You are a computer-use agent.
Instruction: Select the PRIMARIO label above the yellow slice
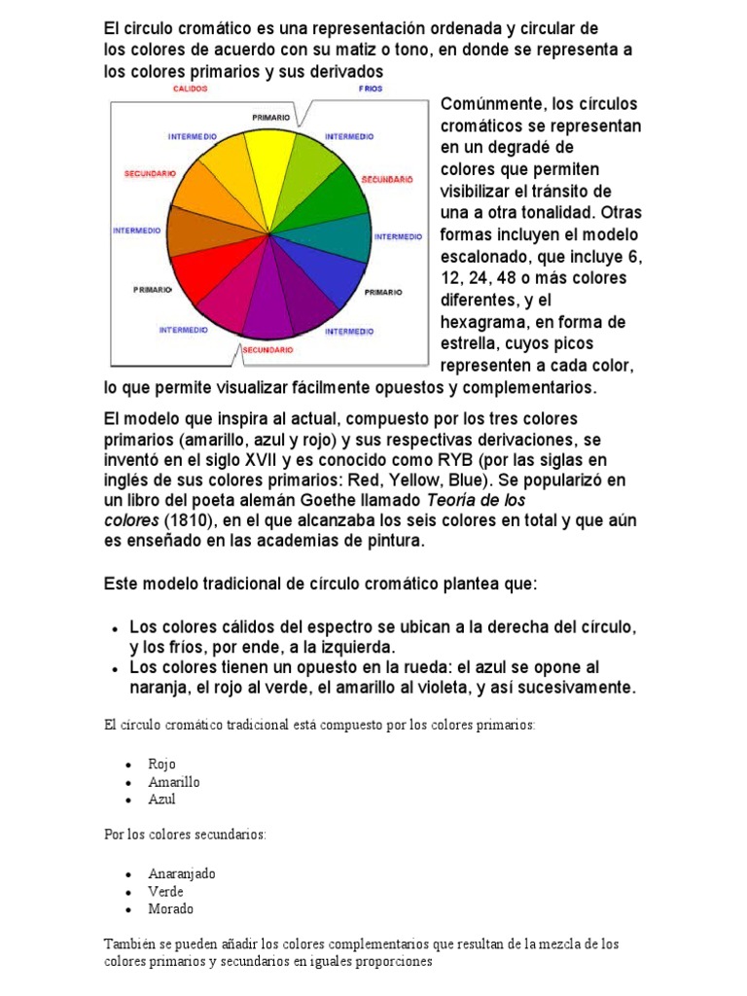(270, 117)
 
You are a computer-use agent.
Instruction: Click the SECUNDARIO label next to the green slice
(387, 179)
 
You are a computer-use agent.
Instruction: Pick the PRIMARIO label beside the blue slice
(384, 291)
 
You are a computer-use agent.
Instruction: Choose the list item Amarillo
(174, 782)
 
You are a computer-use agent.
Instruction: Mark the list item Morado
(170, 908)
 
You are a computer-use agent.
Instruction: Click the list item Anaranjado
(182, 873)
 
